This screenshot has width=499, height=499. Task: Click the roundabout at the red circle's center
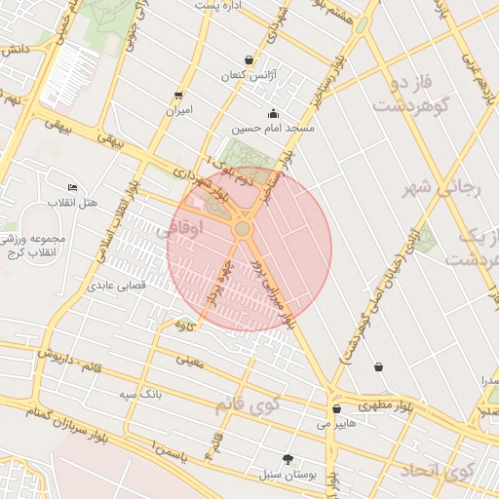pos(243,229)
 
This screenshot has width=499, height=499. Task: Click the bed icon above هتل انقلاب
pos(72,187)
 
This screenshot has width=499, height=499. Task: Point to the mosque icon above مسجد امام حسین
pos(272,112)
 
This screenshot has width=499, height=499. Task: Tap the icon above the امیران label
pos(177,96)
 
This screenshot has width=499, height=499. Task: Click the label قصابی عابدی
pos(117,286)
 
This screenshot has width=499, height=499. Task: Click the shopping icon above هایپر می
pos(336,409)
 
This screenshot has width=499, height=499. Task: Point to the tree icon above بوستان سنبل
pos(287,459)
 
